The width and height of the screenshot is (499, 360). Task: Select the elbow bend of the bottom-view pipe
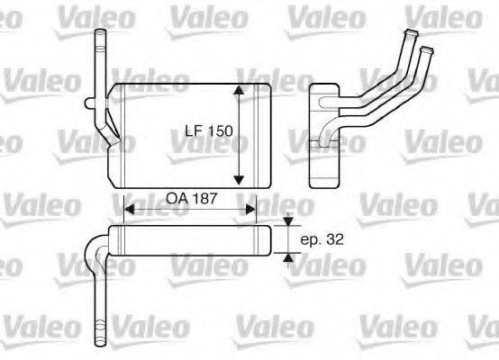[x=94, y=244]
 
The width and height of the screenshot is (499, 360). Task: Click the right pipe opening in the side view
[x=428, y=43]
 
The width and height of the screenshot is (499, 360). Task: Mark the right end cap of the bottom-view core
[x=270, y=240]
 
